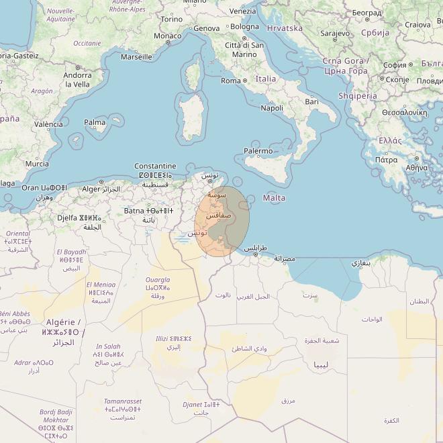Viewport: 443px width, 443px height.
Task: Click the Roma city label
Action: coord(230,81)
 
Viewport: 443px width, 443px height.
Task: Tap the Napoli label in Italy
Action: coord(271,108)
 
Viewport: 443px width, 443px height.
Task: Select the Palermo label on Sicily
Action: coord(258,151)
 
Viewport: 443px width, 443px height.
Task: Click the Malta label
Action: coord(274,198)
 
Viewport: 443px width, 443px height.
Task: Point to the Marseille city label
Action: coord(136,57)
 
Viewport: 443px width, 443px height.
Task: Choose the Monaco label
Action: coord(167,36)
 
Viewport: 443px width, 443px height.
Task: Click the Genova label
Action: coord(206,28)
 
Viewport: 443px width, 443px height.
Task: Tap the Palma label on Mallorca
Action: coord(95,123)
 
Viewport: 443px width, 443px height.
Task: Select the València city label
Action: coord(48,124)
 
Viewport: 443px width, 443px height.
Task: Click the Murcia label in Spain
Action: coord(36,164)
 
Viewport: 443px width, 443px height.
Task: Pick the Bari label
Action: coord(311,101)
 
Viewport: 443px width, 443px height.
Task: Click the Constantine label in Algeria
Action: coord(155,166)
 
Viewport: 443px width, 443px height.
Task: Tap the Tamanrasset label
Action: coord(123,401)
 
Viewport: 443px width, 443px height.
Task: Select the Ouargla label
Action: coord(158,280)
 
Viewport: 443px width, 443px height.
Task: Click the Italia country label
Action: coord(265,79)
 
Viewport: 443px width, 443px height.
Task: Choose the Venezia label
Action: coord(242,11)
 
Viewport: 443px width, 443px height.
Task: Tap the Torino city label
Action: coord(172,19)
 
